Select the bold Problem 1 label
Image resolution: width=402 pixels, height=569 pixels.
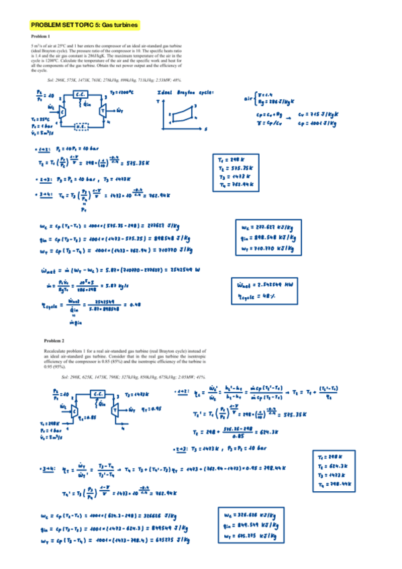(x=40, y=36)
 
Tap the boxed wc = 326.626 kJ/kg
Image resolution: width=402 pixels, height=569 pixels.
(x=256, y=515)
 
